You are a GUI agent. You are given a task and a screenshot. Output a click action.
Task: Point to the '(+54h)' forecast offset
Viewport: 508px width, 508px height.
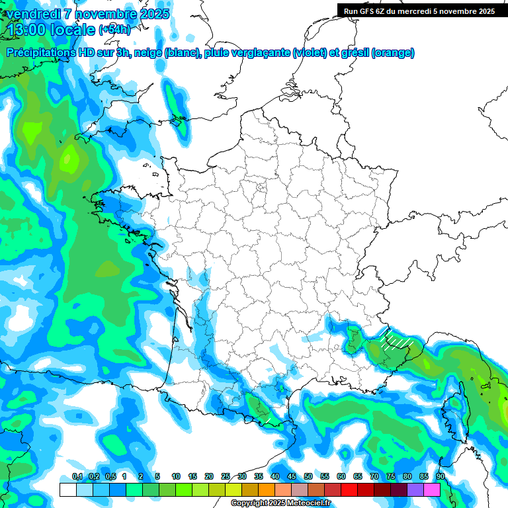pos(114,30)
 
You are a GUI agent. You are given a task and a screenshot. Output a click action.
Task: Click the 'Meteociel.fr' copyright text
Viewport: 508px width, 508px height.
pos(308,503)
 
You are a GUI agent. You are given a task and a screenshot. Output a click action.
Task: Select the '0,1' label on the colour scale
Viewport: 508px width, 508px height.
pos(77,477)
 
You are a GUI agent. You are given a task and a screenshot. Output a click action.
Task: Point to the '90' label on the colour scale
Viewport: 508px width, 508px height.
pos(441,477)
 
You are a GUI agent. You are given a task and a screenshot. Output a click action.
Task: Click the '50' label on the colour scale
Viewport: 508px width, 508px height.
pos(308,477)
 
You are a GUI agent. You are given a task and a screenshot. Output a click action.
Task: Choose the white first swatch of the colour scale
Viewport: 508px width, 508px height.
pos(67,489)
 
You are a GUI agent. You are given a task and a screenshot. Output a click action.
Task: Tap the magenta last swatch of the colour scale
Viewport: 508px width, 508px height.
pos(432,489)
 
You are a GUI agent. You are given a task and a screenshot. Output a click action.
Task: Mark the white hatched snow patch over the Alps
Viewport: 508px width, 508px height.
pos(398,339)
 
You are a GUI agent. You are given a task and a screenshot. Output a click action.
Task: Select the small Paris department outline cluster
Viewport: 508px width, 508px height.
pos(261,188)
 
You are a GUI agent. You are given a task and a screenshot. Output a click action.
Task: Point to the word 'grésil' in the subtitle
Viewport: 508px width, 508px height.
pos(355,53)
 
